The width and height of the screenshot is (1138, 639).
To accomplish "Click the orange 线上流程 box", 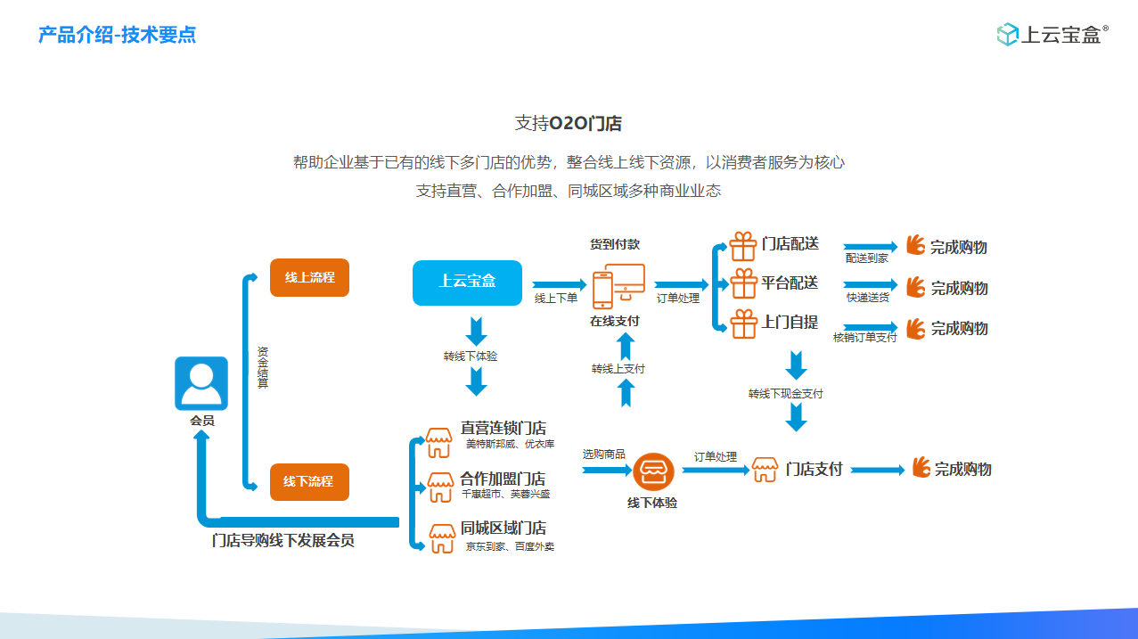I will pyautogui.click(x=309, y=278).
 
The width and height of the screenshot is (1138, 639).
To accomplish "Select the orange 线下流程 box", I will pyautogui.click(x=309, y=481).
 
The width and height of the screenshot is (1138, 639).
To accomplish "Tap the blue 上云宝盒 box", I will pyautogui.click(x=467, y=283).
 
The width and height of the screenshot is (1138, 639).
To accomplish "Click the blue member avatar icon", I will pyautogui.click(x=201, y=383).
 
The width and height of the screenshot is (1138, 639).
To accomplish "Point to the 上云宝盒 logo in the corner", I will pyautogui.click(x=1052, y=35).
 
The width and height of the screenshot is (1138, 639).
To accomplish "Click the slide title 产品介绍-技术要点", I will pyautogui.click(x=118, y=35).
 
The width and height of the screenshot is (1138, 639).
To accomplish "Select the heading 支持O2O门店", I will pyautogui.click(x=569, y=123).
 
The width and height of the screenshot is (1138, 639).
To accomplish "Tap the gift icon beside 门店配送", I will pyautogui.click(x=743, y=245).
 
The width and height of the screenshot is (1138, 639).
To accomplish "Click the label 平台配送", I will pyautogui.click(x=790, y=283).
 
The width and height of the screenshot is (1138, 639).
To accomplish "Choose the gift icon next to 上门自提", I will pyautogui.click(x=743, y=324).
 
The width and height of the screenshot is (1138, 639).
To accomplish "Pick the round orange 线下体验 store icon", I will pyautogui.click(x=654, y=471).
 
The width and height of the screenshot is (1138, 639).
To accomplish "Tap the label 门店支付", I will pyautogui.click(x=814, y=470).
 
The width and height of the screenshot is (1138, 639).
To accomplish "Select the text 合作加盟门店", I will pyautogui.click(x=503, y=479).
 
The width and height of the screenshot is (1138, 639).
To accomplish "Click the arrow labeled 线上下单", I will pyautogui.click(x=554, y=284).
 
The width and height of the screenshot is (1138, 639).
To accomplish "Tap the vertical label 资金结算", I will pyautogui.click(x=263, y=366).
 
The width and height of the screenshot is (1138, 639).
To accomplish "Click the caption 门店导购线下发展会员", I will pyautogui.click(x=282, y=541).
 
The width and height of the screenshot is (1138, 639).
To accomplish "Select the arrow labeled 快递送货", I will pyautogui.click(x=870, y=286).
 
